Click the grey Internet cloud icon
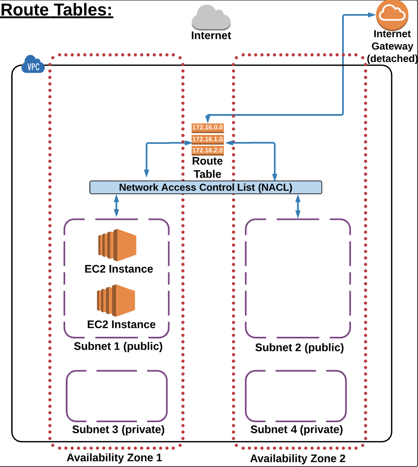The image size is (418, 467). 211,18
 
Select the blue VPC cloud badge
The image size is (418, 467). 34,65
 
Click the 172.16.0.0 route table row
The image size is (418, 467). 208,127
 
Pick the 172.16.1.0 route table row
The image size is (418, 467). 208,139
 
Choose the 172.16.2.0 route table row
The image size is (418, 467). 208,150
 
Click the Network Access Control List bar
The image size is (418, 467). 205,187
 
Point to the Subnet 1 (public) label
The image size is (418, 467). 118,346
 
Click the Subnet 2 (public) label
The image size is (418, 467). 299,347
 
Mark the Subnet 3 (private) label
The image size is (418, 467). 118,429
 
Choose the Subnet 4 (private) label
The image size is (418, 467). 296,429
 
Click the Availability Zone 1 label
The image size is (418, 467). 114,458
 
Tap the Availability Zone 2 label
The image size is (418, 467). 297,459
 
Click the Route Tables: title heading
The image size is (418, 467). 57,10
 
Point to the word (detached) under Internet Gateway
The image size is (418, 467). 392,58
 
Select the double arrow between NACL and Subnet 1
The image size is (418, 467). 116,206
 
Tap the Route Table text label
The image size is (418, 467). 207,167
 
